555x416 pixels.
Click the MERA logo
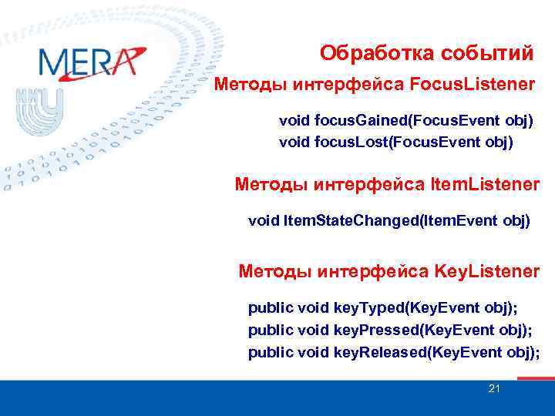click(x=91, y=61)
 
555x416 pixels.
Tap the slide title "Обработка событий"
click(x=426, y=53)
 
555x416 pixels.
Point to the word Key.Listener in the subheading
click(x=487, y=271)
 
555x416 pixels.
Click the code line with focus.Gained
click(x=405, y=122)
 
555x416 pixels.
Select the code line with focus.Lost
click(x=395, y=143)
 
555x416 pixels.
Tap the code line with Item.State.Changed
click(x=389, y=221)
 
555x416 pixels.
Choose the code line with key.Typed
click(x=382, y=308)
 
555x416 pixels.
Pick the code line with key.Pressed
click(x=392, y=330)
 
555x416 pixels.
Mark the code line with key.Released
click(x=394, y=353)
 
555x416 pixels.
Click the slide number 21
click(x=494, y=388)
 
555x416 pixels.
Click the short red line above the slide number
click(x=535, y=378)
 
